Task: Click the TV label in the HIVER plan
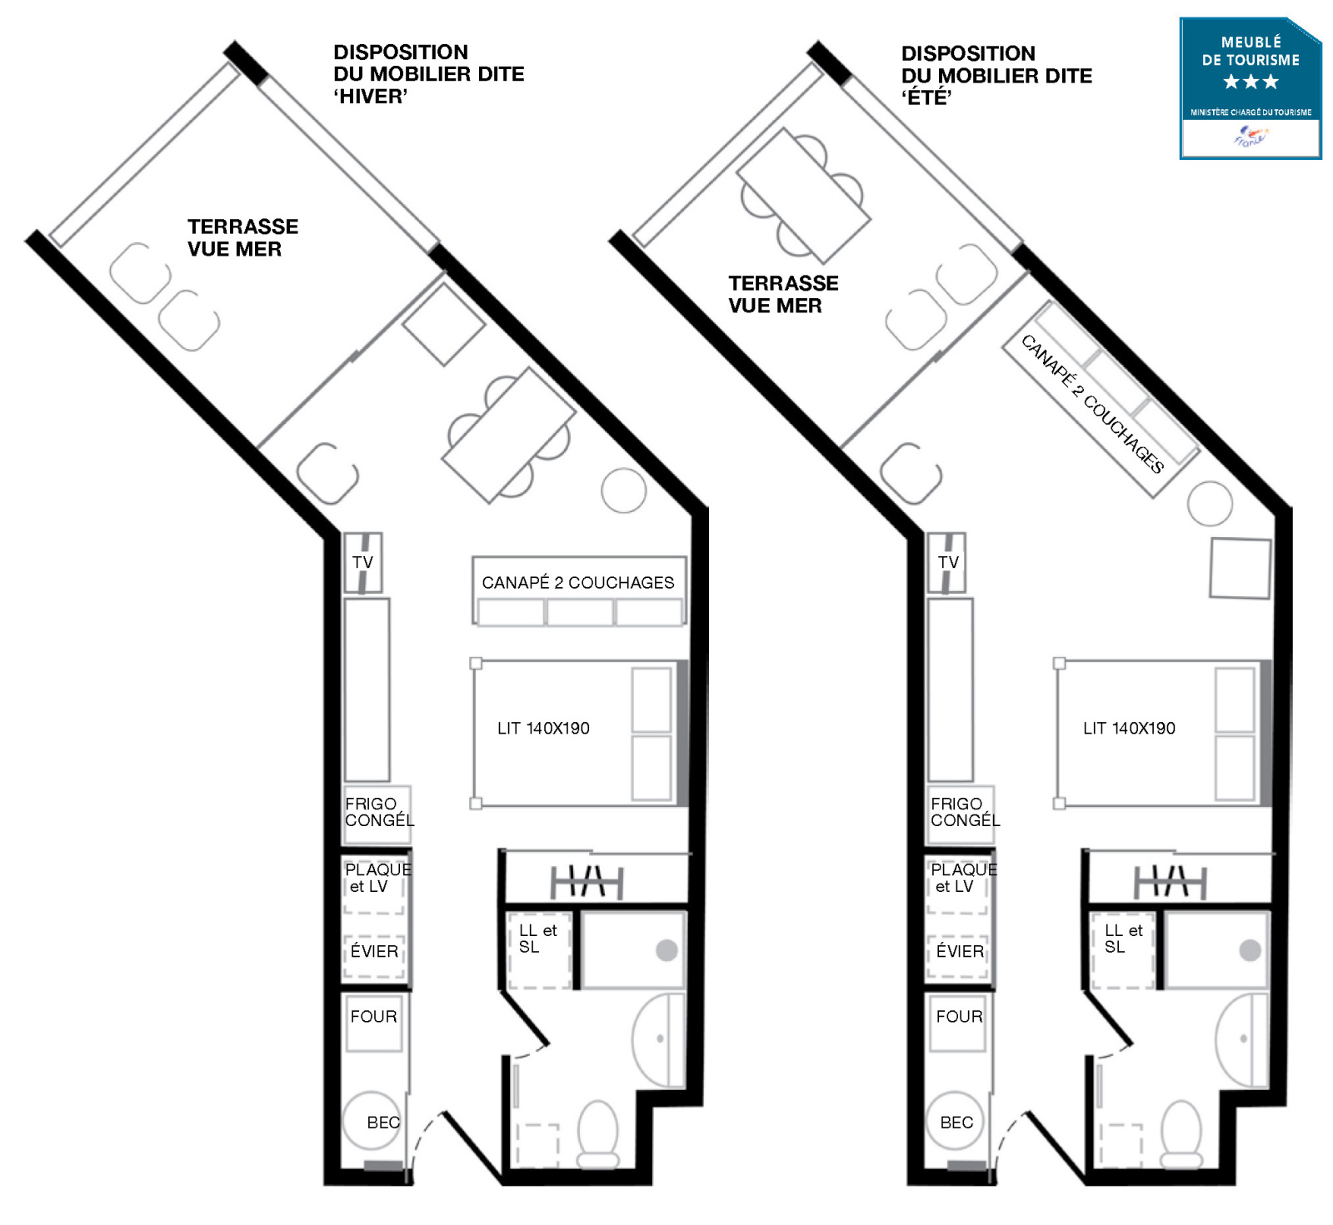tap(362, 562)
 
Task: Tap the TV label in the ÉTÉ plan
tap(948, 562)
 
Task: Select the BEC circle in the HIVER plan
tap(372, 1121)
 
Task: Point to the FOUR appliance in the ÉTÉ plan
tap(958, 1023)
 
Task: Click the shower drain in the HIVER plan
tap(666, 950)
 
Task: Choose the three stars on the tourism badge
tap(1251, 82)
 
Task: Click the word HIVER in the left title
tap(370, 97)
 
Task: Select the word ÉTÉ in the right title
tap(926, 97)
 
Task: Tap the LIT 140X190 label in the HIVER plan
tap(543, 729)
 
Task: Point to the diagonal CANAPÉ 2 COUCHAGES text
tap(1092, 404)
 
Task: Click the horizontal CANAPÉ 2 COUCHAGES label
tap(578, 583)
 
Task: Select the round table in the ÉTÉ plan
tap(1210, 503)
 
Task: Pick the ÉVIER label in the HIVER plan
tap(374, 951)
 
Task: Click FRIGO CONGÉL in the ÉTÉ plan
tap(965, 812)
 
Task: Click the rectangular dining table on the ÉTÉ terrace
tap(803, 196)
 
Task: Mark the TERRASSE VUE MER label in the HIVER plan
tap(242, 238)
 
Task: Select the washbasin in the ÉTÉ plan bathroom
tap(1241, 1040)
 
